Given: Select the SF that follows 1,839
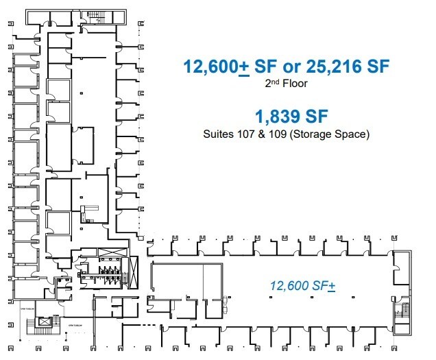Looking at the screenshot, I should tap(316, 115).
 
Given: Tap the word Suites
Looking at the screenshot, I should tap(218, 134).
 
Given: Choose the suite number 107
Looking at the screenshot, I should tap(245, 134).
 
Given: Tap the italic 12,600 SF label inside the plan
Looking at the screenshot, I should tap(302, 285).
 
